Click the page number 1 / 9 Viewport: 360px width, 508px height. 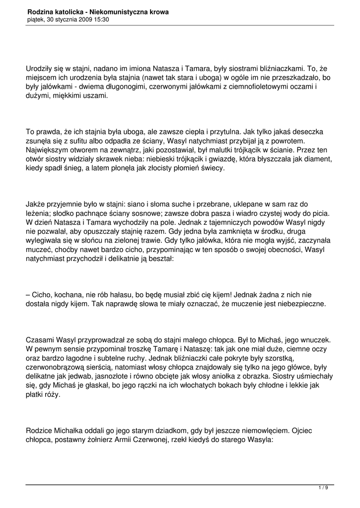tap(323, 488)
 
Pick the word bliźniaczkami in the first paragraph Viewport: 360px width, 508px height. tap(274, 69)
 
